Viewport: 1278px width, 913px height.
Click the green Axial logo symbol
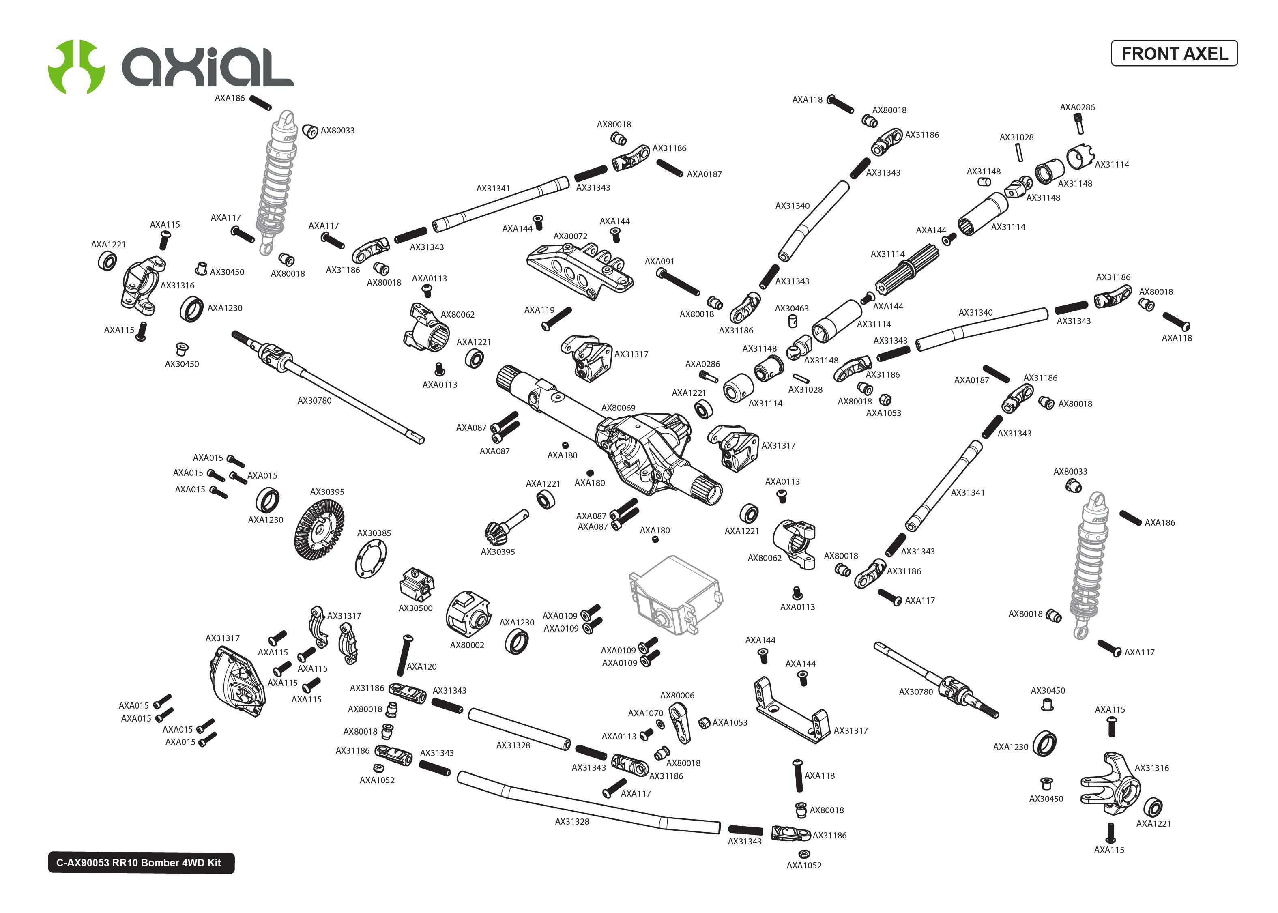76,67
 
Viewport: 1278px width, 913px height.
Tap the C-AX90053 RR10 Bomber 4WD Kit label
140,862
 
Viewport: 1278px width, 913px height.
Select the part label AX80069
618,408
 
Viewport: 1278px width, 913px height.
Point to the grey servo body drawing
674,596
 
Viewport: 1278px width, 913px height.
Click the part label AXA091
659,262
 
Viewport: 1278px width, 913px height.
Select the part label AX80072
570,236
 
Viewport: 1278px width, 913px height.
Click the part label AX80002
466,645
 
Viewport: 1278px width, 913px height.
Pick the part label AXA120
421,666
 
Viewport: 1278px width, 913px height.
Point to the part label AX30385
374,533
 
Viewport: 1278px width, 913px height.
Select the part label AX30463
791,308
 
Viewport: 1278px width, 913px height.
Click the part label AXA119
539,310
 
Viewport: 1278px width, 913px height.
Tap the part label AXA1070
645,713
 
